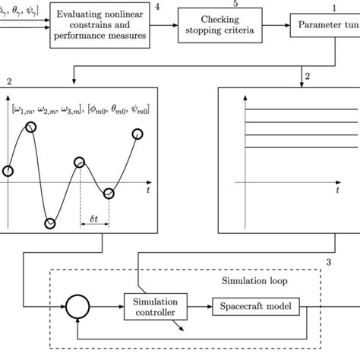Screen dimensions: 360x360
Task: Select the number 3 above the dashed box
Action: pos(328,263)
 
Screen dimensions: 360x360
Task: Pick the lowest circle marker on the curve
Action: pos(50,223)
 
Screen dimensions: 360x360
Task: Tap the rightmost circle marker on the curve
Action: pos(137,134)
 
